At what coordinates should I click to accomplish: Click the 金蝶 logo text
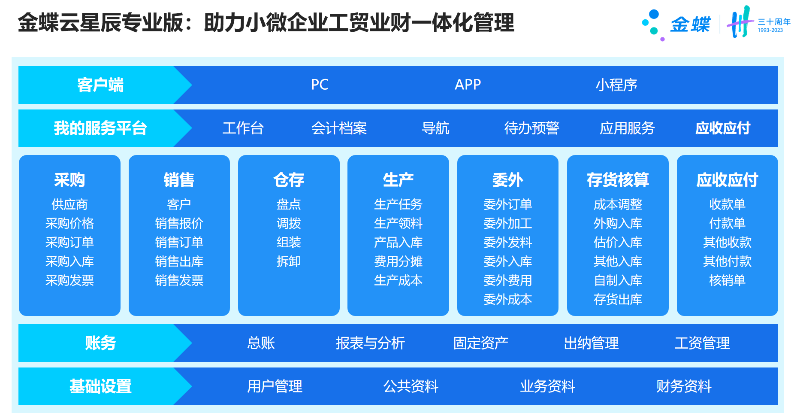(690, 24)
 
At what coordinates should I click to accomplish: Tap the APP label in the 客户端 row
(468, 85)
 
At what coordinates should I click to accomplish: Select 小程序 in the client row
(616, 85)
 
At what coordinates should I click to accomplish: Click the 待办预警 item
(531, 128)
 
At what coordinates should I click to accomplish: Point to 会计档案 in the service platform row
(339, 128)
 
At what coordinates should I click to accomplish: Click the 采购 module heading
(69, 180)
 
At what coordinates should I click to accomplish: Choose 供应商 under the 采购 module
(69, 204)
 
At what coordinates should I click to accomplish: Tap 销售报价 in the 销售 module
(179, 223)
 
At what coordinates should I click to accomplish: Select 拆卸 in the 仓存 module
(289, 261)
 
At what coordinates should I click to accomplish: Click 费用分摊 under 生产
(398, 261)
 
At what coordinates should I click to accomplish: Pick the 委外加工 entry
(508, 223)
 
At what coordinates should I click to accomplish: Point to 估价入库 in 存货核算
(618, 242)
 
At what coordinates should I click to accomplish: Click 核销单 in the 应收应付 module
(727, 280)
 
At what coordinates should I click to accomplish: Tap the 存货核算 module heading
(618, 180)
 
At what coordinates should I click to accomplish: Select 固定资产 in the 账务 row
(480, 343)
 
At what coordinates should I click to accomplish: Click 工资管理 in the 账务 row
(702, 343)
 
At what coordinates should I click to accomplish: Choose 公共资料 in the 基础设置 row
(411, 386)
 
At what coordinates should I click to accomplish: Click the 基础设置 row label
(100, 386)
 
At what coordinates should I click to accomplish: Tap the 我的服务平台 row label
(100, 128)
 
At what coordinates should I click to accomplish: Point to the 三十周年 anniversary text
(774, 22)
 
